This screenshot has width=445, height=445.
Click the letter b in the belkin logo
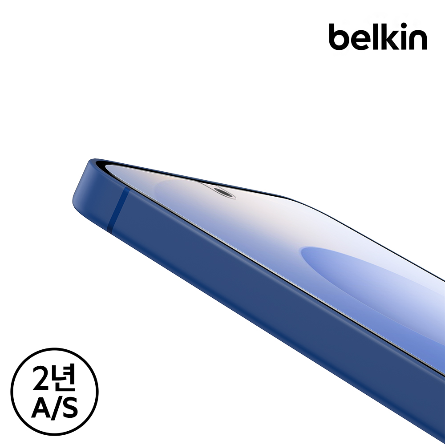point(339,37)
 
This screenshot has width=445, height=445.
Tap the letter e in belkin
point(362,41)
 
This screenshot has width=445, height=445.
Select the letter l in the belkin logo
point(377,36)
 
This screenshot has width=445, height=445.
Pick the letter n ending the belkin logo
point(419,41)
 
